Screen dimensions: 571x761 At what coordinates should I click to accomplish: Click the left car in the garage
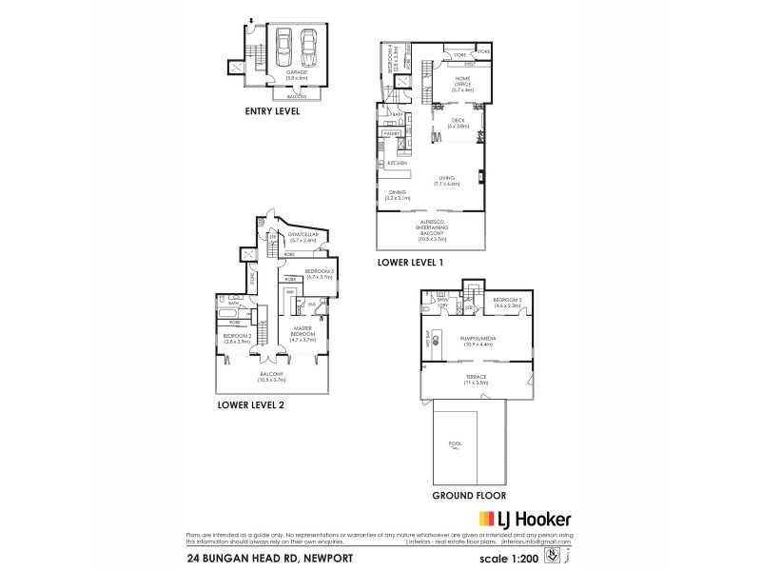pos(283,44)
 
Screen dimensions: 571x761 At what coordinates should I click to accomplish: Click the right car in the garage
pos(308,44)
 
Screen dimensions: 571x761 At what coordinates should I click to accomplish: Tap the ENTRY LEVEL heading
pos(272,111)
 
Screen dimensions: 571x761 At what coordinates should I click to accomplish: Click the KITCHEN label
pos(397,164)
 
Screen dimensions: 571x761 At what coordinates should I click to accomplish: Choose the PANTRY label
pos(389,134)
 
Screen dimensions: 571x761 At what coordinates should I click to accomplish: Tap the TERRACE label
pos(476,378)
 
